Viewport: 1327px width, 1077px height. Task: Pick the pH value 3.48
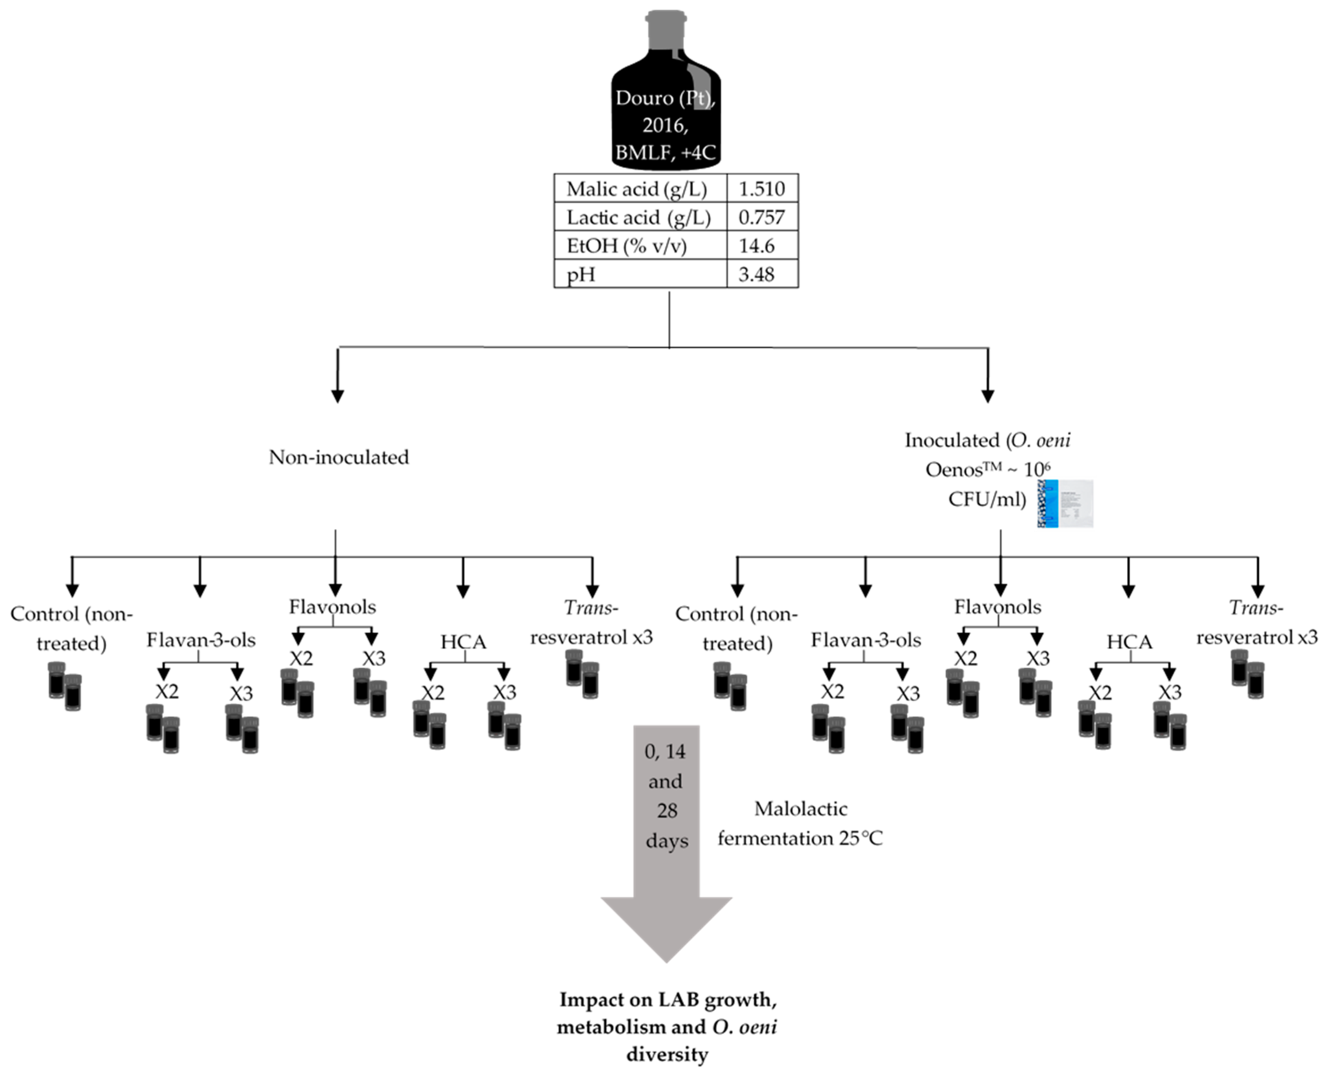(x=756, y=274)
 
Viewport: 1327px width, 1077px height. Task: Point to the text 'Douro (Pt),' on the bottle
(x=665, y=98)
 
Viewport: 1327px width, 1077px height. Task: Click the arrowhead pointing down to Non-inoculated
(x=337, y=395)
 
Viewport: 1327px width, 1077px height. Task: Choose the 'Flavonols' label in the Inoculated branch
(x=997, y=607)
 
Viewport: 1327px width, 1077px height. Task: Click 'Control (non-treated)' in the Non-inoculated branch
(x=71, y=628)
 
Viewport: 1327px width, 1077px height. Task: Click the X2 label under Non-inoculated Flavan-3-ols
(x=166, y=691)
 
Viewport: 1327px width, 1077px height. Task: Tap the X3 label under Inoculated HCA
(x=1169, y=692)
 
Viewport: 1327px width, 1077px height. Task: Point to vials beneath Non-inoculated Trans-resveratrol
(x=582, y=674)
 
